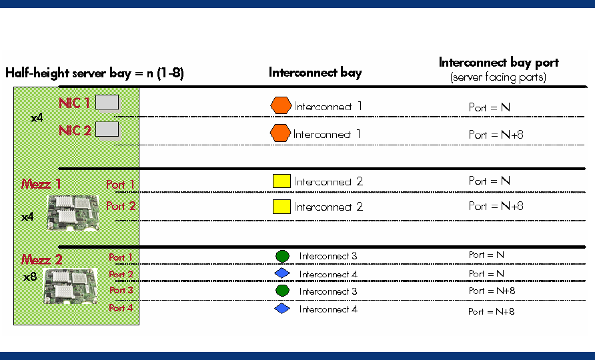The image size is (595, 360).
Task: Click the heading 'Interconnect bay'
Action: click(x=315, y=73)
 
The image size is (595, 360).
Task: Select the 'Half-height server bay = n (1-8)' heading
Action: click(x=94, y=73)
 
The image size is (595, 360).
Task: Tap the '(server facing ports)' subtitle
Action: click(x=498, y=77)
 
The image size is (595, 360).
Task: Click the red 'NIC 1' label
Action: click(x=75, y=103)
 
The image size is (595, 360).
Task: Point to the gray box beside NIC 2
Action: click(x=107, y=129)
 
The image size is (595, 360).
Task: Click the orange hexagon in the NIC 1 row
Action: click(x=281, y=105)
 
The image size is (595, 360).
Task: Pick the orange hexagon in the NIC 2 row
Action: click(x=280, y=133)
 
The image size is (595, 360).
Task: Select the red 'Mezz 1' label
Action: click(x=41, y=184)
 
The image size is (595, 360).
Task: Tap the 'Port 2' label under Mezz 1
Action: click(x=121, y=206)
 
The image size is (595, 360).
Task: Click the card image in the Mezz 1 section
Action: click(x=72, y=211)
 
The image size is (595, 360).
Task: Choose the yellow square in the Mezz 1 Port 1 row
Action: click(x=281, y=181)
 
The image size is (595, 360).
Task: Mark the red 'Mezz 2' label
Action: click(x=41, y=259)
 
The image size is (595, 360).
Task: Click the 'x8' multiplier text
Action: click(x=29, y=276)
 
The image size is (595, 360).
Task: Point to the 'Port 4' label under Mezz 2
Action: click(x=121, y=308)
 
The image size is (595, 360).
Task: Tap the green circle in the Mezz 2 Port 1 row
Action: click(x=282, y=256)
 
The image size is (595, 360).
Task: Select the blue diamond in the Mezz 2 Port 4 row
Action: click(x=282, y=309)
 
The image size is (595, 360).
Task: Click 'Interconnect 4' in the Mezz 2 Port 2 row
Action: click(x=328, y=274)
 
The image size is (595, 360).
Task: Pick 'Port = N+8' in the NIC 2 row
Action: click(x=496, y=135)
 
